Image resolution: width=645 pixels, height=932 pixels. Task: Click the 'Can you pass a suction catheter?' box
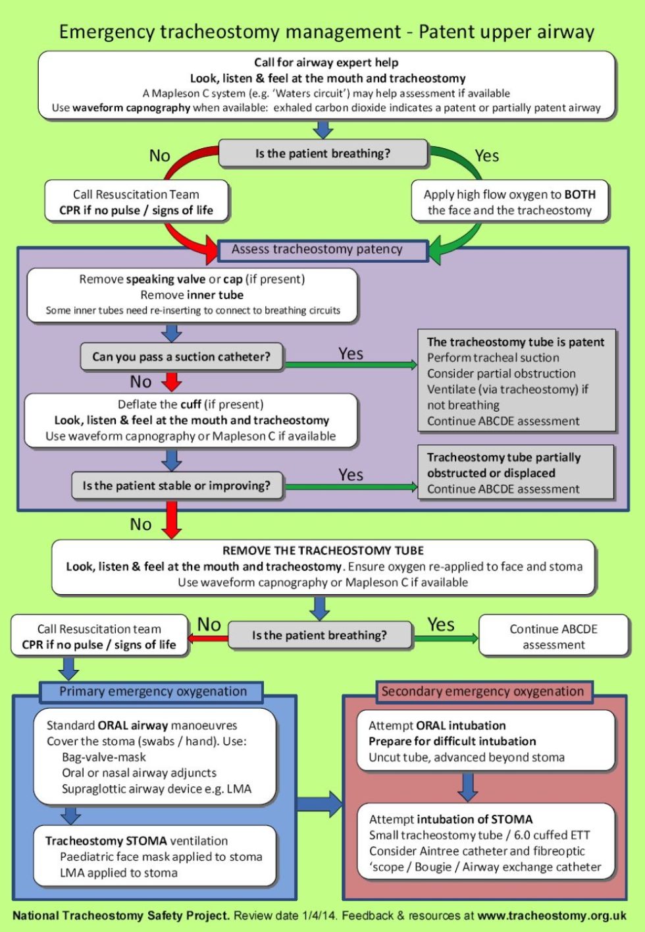pos(181,357)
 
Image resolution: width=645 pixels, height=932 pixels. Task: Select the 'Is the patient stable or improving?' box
pos(176,486)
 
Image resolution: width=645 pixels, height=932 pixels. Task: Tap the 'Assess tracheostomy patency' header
pos(317,250)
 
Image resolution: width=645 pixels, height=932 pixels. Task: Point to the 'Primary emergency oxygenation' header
pos(153,692)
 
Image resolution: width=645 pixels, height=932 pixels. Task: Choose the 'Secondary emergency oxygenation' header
pos(482,692)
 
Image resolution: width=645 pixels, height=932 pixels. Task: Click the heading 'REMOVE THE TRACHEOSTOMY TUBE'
pos(322,551)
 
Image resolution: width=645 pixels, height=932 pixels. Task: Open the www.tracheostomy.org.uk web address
pos(552,916)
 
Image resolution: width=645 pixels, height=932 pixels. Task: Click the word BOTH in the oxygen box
pos(579,195)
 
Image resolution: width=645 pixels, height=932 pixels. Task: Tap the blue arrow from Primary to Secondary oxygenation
pos(320,803)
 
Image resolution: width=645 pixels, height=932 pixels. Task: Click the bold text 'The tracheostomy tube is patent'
pos(515,342)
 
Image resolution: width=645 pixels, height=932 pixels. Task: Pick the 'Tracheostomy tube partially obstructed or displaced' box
pos(516,472)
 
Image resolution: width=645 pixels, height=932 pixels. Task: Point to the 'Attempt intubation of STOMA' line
pos(451,819)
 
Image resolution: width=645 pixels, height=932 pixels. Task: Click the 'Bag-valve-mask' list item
pos(104,757)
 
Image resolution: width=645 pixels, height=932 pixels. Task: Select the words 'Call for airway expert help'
pos(326,63)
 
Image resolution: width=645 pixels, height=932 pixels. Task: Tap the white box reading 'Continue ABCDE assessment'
pos(554,636)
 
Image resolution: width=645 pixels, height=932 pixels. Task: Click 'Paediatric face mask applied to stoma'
pos(161,857)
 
